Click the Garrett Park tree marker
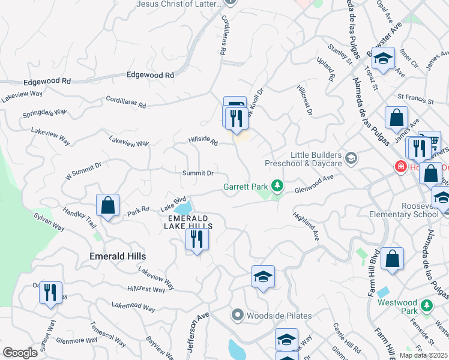pos(277,185)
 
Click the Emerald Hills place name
pos(117,256)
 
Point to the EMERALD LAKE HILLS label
pos(188,222)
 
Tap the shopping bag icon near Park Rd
pos(107,206)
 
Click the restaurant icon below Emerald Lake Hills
pos(197,239)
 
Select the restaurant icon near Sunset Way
pos(50,292)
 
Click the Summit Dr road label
pos(198,173)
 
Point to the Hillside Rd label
pos(203,142)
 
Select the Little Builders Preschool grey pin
pos(351,159)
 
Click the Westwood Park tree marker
pos(427,305)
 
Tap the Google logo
pos(20,353)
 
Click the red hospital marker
pos(398,166)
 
